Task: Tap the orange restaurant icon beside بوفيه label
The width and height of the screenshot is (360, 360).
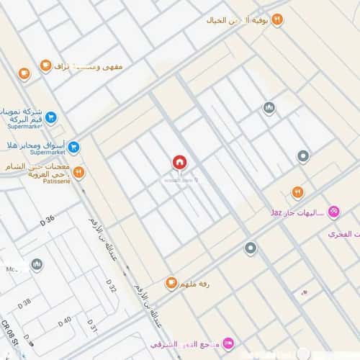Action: coord(278,19)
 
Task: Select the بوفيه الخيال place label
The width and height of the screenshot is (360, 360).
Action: coord(242,19)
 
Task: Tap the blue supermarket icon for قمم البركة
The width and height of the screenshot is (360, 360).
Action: coord(51,117)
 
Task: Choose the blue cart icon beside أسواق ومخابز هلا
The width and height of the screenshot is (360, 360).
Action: coord(75,147)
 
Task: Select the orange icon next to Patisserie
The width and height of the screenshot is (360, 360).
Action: coord(78,172)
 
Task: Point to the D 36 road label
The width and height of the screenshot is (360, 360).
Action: coord(48,218)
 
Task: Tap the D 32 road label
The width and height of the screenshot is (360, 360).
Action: coord(112,287)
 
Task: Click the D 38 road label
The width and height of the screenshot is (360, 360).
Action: coord(24,303)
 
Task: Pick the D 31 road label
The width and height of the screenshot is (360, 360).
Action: coord(92,327)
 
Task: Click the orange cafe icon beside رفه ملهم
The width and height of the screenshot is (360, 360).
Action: coord(171,283)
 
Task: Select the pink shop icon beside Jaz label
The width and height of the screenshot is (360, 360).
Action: coord(333,212)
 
